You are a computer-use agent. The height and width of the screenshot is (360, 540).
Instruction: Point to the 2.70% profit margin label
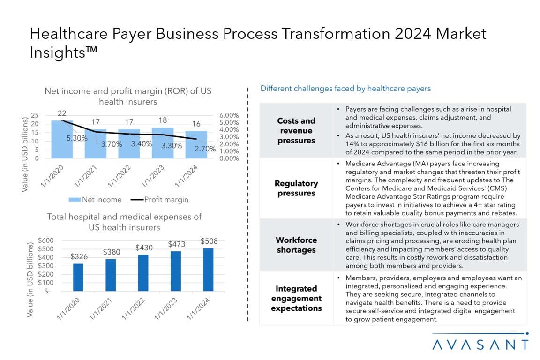(204, 149)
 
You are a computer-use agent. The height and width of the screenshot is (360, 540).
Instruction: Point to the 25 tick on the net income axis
(35, 115)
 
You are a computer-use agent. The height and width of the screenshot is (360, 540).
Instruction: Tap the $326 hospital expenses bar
(78, 277)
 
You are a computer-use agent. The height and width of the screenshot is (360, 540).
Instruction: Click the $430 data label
(144, 247)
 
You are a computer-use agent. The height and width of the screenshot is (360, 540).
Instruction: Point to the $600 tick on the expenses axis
(45, 240)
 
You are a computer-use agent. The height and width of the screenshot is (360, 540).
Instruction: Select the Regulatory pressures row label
(296, 188)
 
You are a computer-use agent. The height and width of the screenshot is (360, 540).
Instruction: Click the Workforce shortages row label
(296, 245)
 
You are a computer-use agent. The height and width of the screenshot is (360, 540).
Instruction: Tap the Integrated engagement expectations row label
(296, 298)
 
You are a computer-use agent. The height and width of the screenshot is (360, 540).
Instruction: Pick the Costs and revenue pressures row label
(296, 130)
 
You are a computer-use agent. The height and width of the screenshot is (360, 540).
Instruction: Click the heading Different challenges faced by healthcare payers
(345, 88)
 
